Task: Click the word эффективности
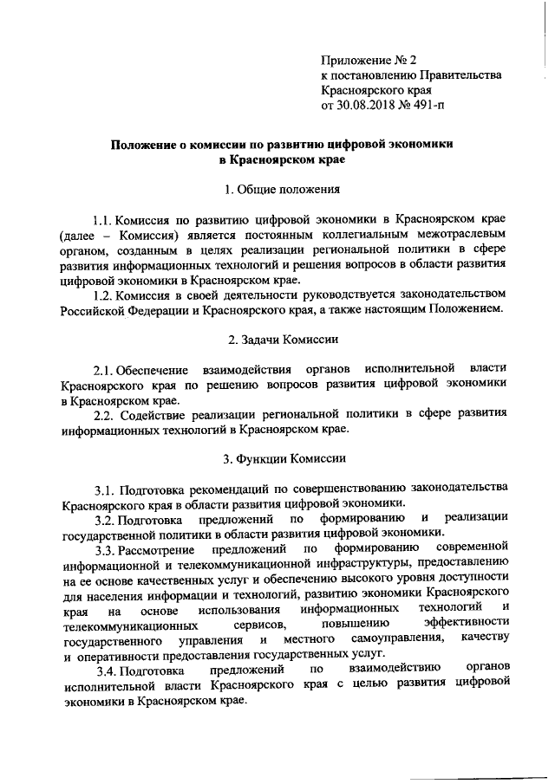coord(463,624)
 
